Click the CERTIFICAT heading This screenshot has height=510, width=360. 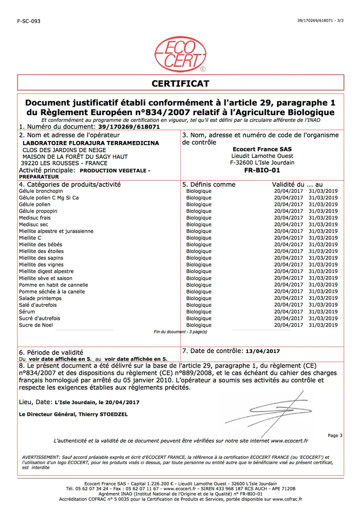point(180,84)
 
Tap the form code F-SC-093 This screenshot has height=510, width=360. point(29,21)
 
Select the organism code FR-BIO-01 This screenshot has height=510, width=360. point(262,170)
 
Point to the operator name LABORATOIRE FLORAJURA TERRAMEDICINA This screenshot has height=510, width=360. point(91,143)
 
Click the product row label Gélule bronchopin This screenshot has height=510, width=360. point(38,191)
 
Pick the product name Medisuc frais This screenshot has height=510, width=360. point(35,218)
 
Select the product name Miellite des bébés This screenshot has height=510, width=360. point(40,244)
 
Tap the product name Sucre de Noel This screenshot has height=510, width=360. point(36,325)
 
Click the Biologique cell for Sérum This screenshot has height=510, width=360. point(199,312)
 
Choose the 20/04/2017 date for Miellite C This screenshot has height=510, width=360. point(288,238)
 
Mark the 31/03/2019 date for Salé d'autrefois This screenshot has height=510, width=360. point(323,305)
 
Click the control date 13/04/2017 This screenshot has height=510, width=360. point(262,351)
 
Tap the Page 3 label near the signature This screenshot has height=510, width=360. point(335,436)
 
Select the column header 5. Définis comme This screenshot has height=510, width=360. point(209,185)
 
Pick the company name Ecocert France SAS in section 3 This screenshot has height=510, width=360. point(262,149)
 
